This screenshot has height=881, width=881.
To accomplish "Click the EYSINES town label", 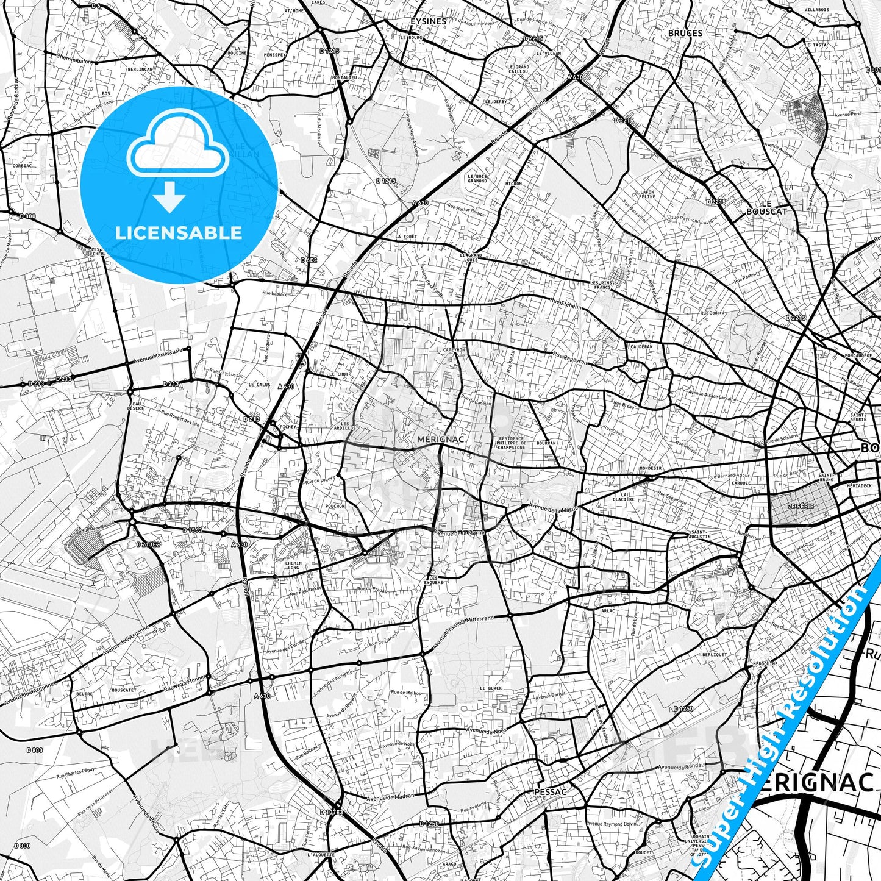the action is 428,21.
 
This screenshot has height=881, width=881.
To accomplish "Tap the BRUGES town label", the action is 685,33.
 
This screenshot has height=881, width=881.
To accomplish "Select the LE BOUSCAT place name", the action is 767,207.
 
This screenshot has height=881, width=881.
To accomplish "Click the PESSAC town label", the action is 550,792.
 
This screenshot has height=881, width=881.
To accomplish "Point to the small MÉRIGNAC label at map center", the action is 441,439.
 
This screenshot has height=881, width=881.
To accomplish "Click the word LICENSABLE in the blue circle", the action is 179,232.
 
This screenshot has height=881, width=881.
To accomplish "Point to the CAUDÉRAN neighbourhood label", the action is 641,346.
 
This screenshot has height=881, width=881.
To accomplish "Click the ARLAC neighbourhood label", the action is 608,610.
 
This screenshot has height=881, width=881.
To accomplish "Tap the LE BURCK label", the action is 491,688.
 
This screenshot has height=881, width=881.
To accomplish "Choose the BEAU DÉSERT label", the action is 136,406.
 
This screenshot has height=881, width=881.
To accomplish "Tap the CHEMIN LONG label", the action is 293,566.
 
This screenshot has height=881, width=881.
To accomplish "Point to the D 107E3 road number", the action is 332,812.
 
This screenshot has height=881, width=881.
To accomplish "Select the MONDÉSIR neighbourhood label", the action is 651,469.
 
